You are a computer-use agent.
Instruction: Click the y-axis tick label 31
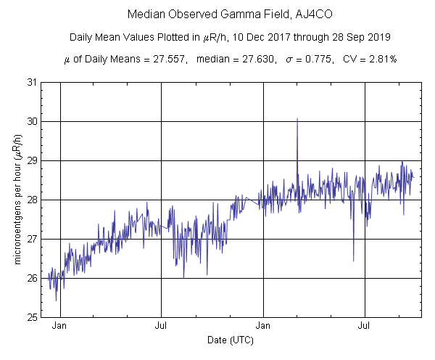(33, 82)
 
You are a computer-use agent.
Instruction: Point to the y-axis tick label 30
(33, 121)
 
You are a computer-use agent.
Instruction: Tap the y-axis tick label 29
(33, 160)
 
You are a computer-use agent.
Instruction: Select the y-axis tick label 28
(33, 200)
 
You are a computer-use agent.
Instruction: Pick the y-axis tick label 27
(33, 239)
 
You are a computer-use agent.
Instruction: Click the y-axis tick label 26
(33, 278)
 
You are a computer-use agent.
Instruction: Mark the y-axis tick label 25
(33, 317)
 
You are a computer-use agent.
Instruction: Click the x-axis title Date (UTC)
(231, 340)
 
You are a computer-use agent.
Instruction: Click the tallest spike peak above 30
(297, 119)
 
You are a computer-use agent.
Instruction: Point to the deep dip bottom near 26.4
(353, 261)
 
